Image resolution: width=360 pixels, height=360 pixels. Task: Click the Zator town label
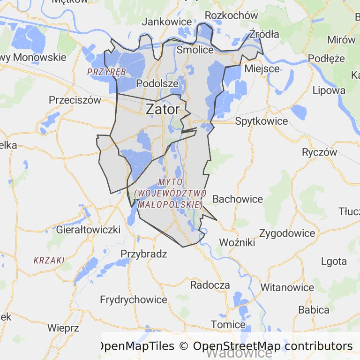click(163, 109)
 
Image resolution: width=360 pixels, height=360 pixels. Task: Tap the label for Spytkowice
click(262, 121)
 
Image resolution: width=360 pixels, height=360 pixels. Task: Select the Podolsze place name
click(157, 83)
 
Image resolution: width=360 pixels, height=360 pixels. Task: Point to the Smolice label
click(195, 50)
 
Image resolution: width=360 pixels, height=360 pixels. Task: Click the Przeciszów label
click(75, 100)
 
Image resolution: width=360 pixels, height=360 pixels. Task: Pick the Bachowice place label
click(238, 199)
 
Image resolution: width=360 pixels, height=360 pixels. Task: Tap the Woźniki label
click(237, 243)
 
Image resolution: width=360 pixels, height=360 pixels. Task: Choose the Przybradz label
click(144, 254)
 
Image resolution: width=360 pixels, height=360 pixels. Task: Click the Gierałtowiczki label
click(88, 230)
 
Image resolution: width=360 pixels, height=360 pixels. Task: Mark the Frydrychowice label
click(134, 300)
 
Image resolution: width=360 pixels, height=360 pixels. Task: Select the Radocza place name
click(210, 285)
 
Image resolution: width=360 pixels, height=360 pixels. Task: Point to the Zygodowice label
click(287, 233)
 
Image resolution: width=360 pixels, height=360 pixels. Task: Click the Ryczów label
click(320, 152)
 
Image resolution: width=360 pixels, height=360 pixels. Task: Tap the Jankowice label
click(167, 22)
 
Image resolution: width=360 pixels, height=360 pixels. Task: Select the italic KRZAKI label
click(49, 260)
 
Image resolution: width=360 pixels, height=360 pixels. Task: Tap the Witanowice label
click(287, 287)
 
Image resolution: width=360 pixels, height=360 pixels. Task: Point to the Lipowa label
click(329, 90)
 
